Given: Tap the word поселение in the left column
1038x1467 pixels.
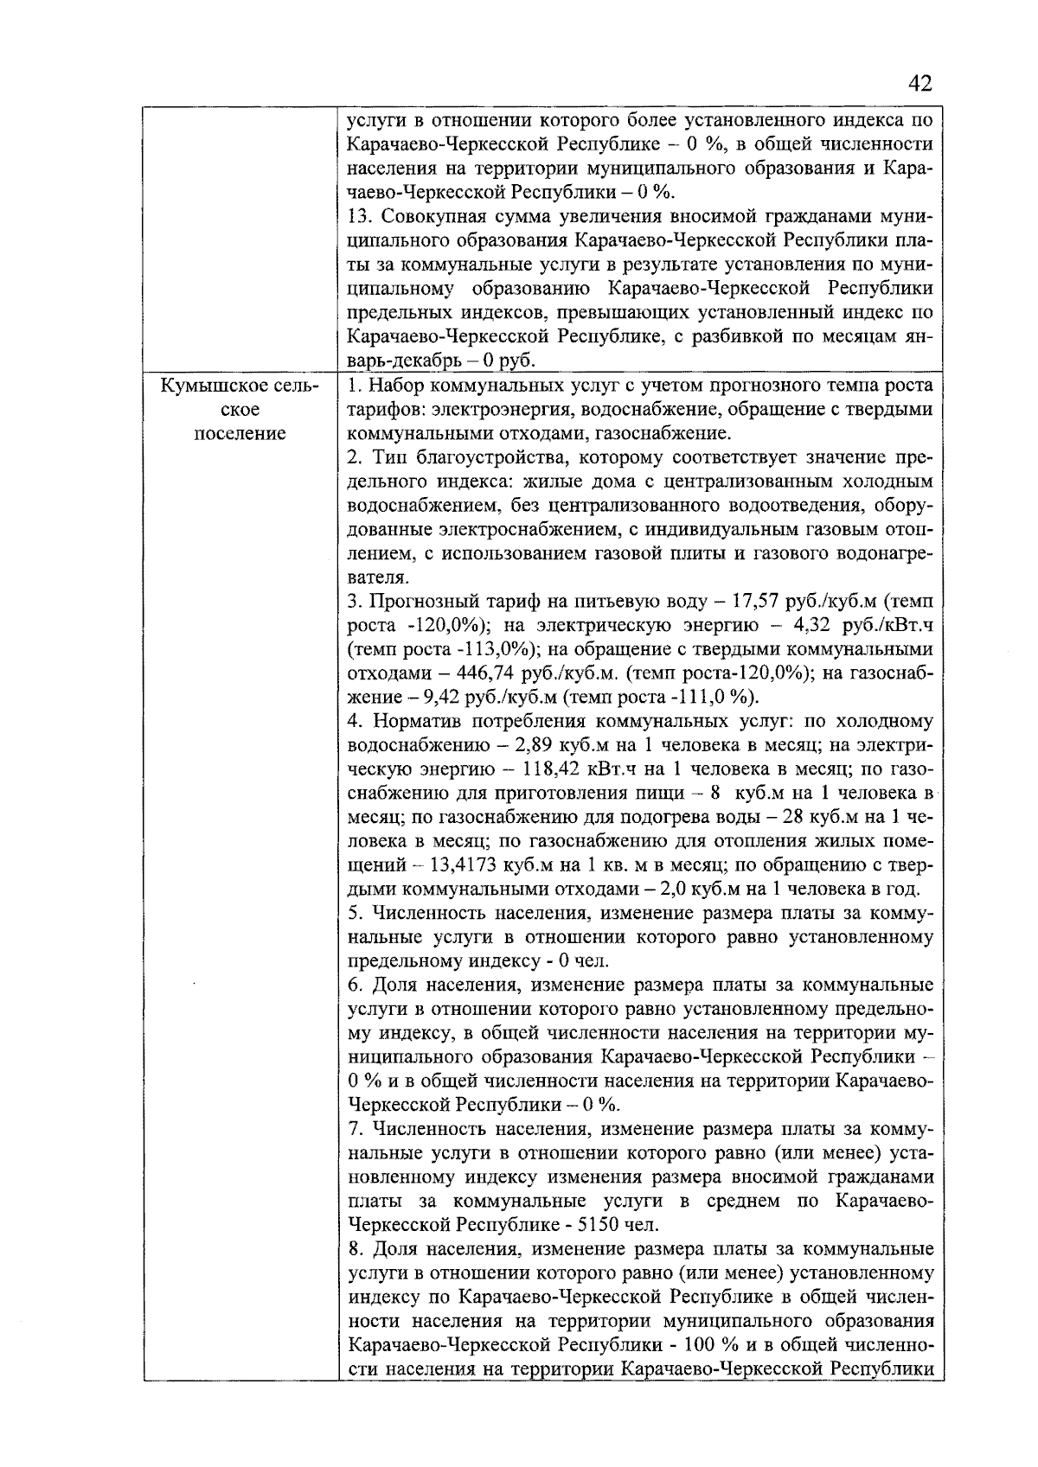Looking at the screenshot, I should (x=240, y=433).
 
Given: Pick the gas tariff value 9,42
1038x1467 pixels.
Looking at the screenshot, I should (x=419, y=697).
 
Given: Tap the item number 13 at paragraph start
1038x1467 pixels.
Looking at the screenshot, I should (x=358, y=215).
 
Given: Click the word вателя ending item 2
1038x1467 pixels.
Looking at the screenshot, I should (x=376, y=576).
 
